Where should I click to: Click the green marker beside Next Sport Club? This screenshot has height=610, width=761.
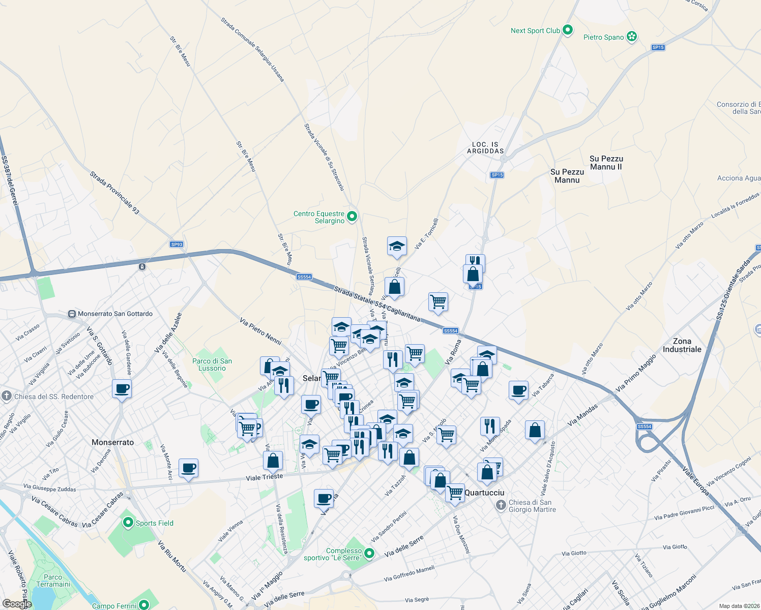point(568,30)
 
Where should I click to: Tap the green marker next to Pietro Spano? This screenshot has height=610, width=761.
point(632,37)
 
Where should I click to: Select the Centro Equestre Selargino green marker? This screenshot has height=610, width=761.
point(352,217)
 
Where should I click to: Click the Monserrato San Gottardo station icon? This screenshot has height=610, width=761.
point(72,314)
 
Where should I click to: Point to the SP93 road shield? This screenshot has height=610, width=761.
point(177,245)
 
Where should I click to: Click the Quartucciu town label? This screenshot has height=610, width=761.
point(485,493)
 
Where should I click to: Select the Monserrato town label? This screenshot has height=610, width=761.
point(112,442)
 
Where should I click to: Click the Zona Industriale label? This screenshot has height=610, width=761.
point(682,345)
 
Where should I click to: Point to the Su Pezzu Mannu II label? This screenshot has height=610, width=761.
point(606,163)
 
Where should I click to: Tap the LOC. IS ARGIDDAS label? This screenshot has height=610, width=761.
point(485,148)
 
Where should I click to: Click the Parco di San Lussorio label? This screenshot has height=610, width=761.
point(212,364)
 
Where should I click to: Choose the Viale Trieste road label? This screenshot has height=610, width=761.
point(265,477)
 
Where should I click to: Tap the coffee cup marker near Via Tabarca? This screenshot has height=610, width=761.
point(518,390)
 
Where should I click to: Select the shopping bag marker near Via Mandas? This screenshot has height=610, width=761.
point(535,431)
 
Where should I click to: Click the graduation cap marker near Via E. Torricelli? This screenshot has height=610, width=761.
point(397,247)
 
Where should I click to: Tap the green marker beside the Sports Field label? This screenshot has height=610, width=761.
point(129,522)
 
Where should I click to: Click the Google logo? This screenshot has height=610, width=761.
point(17,604)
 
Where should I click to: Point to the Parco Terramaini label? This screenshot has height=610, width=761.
point(53,581)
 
